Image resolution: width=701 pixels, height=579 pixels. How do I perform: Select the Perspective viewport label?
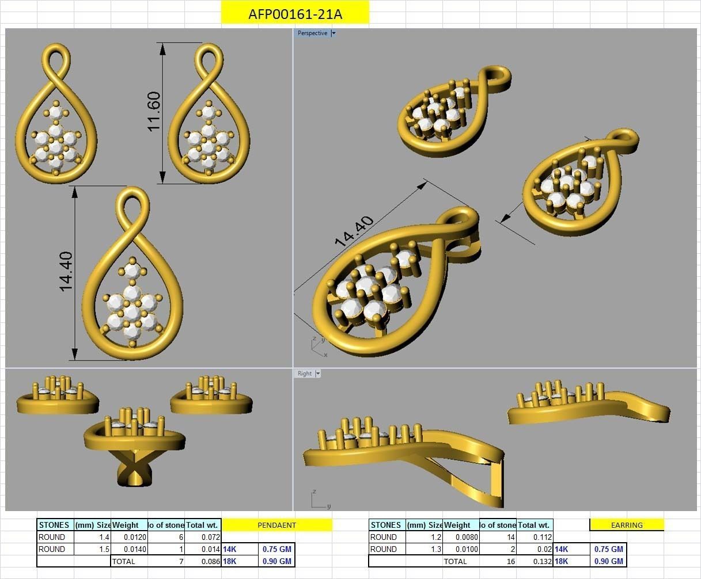point(312,33)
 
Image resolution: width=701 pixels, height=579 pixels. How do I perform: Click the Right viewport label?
point(304,374)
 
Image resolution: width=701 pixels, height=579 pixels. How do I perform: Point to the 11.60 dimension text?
point(154,111)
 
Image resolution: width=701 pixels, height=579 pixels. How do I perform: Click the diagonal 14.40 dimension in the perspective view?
point(354,231)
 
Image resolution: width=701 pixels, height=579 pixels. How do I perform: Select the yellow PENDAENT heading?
point(276,525)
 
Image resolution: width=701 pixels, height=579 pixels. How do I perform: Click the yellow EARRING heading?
point(627,525)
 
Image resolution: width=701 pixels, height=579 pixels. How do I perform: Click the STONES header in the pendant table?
point(54,525)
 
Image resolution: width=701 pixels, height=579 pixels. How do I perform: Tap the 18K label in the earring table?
point(562,561)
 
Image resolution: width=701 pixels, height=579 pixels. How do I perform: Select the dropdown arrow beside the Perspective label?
point(334,33)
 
